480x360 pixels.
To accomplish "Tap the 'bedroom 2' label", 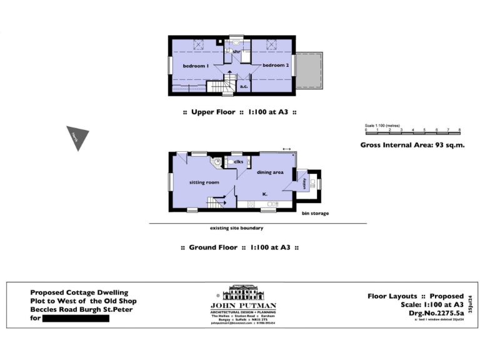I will click(x=276, y=66).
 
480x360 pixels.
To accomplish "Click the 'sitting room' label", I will click(x=204, y=182).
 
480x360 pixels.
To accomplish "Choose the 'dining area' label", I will click(x=271, y=171).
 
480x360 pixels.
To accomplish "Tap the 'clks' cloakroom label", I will click(x=238, y=162).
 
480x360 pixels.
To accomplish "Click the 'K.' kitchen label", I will click(x=265, y=194).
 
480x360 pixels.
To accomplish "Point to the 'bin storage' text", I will click(x=315, y=214).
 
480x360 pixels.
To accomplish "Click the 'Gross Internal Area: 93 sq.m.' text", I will click(x=412, y=145).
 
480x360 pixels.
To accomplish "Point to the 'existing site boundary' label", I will click(x=237, y=229).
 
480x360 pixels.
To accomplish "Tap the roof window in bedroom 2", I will click(x=272, y=44).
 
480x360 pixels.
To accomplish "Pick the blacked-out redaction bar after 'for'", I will click(x=74, y=318).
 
